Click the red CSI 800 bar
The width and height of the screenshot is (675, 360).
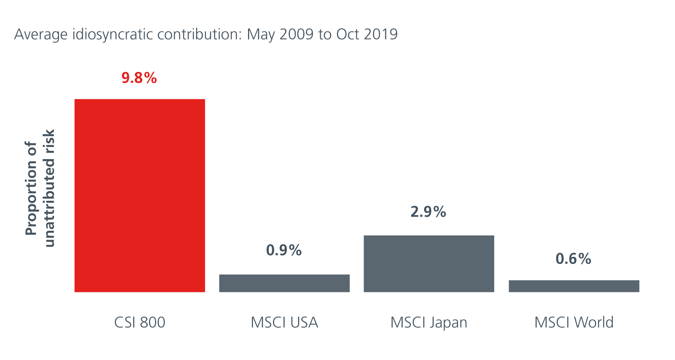[140, 195]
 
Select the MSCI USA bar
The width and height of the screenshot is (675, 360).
[284, 283]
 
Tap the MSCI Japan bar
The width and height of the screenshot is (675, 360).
[429, 264]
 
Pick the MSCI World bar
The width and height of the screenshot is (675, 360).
[574, 286]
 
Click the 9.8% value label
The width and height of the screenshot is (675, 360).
[139, 78]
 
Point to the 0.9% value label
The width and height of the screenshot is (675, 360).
[284, 250]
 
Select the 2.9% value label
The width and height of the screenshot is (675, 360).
[428, 212]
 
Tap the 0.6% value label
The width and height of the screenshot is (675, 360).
[573, 259]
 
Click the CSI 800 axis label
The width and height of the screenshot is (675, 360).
[140, 322]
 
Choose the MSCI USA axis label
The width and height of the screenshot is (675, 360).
[284, 322]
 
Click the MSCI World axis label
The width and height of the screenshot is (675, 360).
[574, 322]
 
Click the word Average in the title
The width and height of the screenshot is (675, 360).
[41, 35]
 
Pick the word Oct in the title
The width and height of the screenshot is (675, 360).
[348, 34]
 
